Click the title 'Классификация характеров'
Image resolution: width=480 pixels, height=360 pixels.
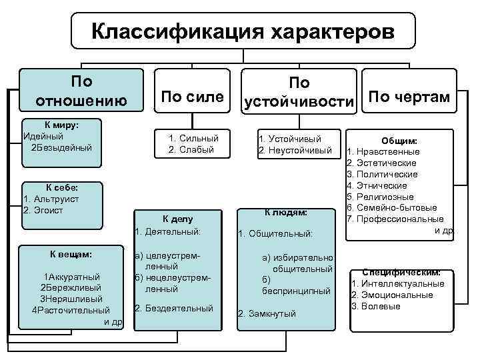(x=243, y=31)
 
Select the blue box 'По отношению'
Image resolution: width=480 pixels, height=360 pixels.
(x=81, y=91)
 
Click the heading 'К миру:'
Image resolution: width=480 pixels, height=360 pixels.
(x=61, y=125)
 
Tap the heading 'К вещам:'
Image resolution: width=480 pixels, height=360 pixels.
(x=71, y=254)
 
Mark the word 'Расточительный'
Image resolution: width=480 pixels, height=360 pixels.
(x=74, y=310)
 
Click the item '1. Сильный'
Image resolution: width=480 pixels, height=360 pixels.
(x=193, y=139)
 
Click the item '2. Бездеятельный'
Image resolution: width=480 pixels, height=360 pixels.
(x=173, y=308)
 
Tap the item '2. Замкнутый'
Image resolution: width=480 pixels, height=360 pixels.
(x=267, y=313)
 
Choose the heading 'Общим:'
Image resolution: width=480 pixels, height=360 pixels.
(x=399, y=141)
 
